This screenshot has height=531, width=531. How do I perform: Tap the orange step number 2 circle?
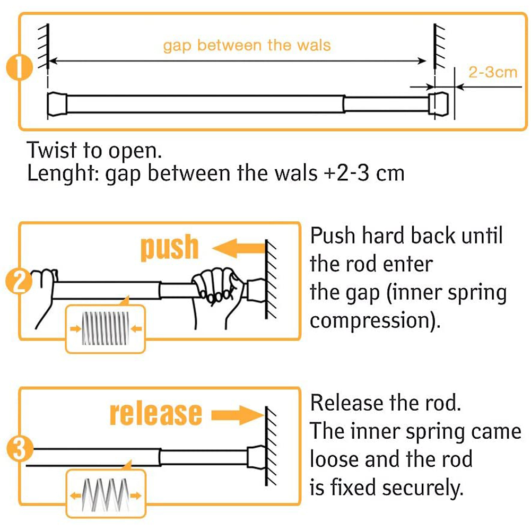(19, 282)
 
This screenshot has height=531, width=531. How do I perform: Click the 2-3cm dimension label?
(493, 72)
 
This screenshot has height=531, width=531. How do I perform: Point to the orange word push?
(169, 248)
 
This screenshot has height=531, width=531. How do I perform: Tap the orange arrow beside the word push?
(239, 248)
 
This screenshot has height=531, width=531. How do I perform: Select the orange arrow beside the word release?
(238, 415)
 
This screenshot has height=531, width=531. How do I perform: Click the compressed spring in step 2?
(106, 328)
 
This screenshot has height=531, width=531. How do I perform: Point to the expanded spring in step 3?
(106, 495)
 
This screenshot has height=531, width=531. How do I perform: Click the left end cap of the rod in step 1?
(57, 104)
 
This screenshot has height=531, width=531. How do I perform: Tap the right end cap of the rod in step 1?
(438, 105)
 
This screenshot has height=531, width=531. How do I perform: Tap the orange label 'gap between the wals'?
(247, 46)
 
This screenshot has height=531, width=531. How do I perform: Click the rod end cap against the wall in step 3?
(256, 457)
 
